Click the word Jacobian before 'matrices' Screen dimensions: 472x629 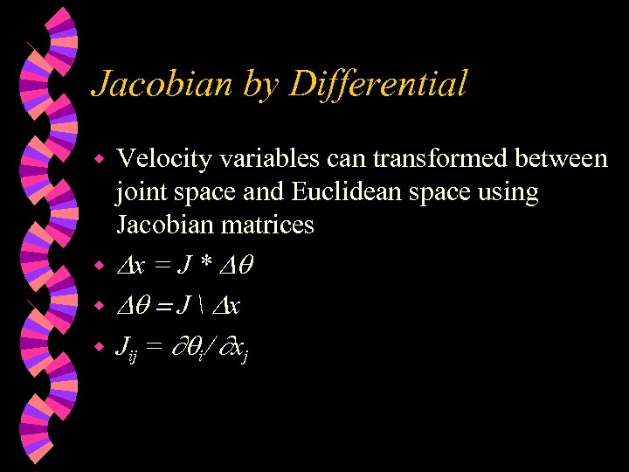pyautogui.click(x=167, y=226)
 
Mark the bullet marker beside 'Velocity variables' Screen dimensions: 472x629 pyautogui.click(x=100, y=161)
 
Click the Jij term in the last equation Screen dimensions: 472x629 pyautogui.click(x=128, y=350)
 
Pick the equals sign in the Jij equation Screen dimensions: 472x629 pyautogui.click(x=155, y=348)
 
